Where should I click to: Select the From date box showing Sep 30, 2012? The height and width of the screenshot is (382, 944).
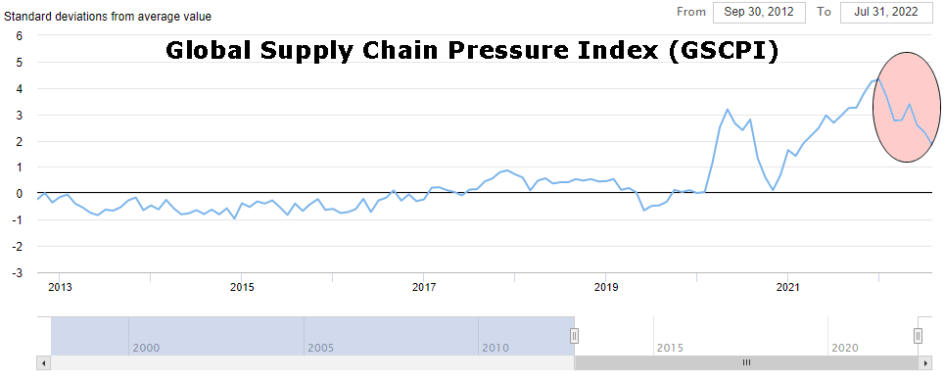click(x=758, y=12)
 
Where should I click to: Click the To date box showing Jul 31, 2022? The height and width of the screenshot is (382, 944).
click(x=886, y=12)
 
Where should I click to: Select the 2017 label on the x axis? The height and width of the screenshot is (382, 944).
click(x=424, y=287)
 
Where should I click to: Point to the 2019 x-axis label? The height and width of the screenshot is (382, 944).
click(x=606, y=287)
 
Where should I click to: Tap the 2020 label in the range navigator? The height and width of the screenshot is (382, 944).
click(x=843, y=348)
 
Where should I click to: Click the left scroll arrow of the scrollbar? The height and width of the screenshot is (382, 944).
click(x=43, y=362)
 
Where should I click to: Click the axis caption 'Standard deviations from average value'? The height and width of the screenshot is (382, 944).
click(x=108, y=17)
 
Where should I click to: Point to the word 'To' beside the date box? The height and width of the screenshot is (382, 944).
click(x=824, y=12)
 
